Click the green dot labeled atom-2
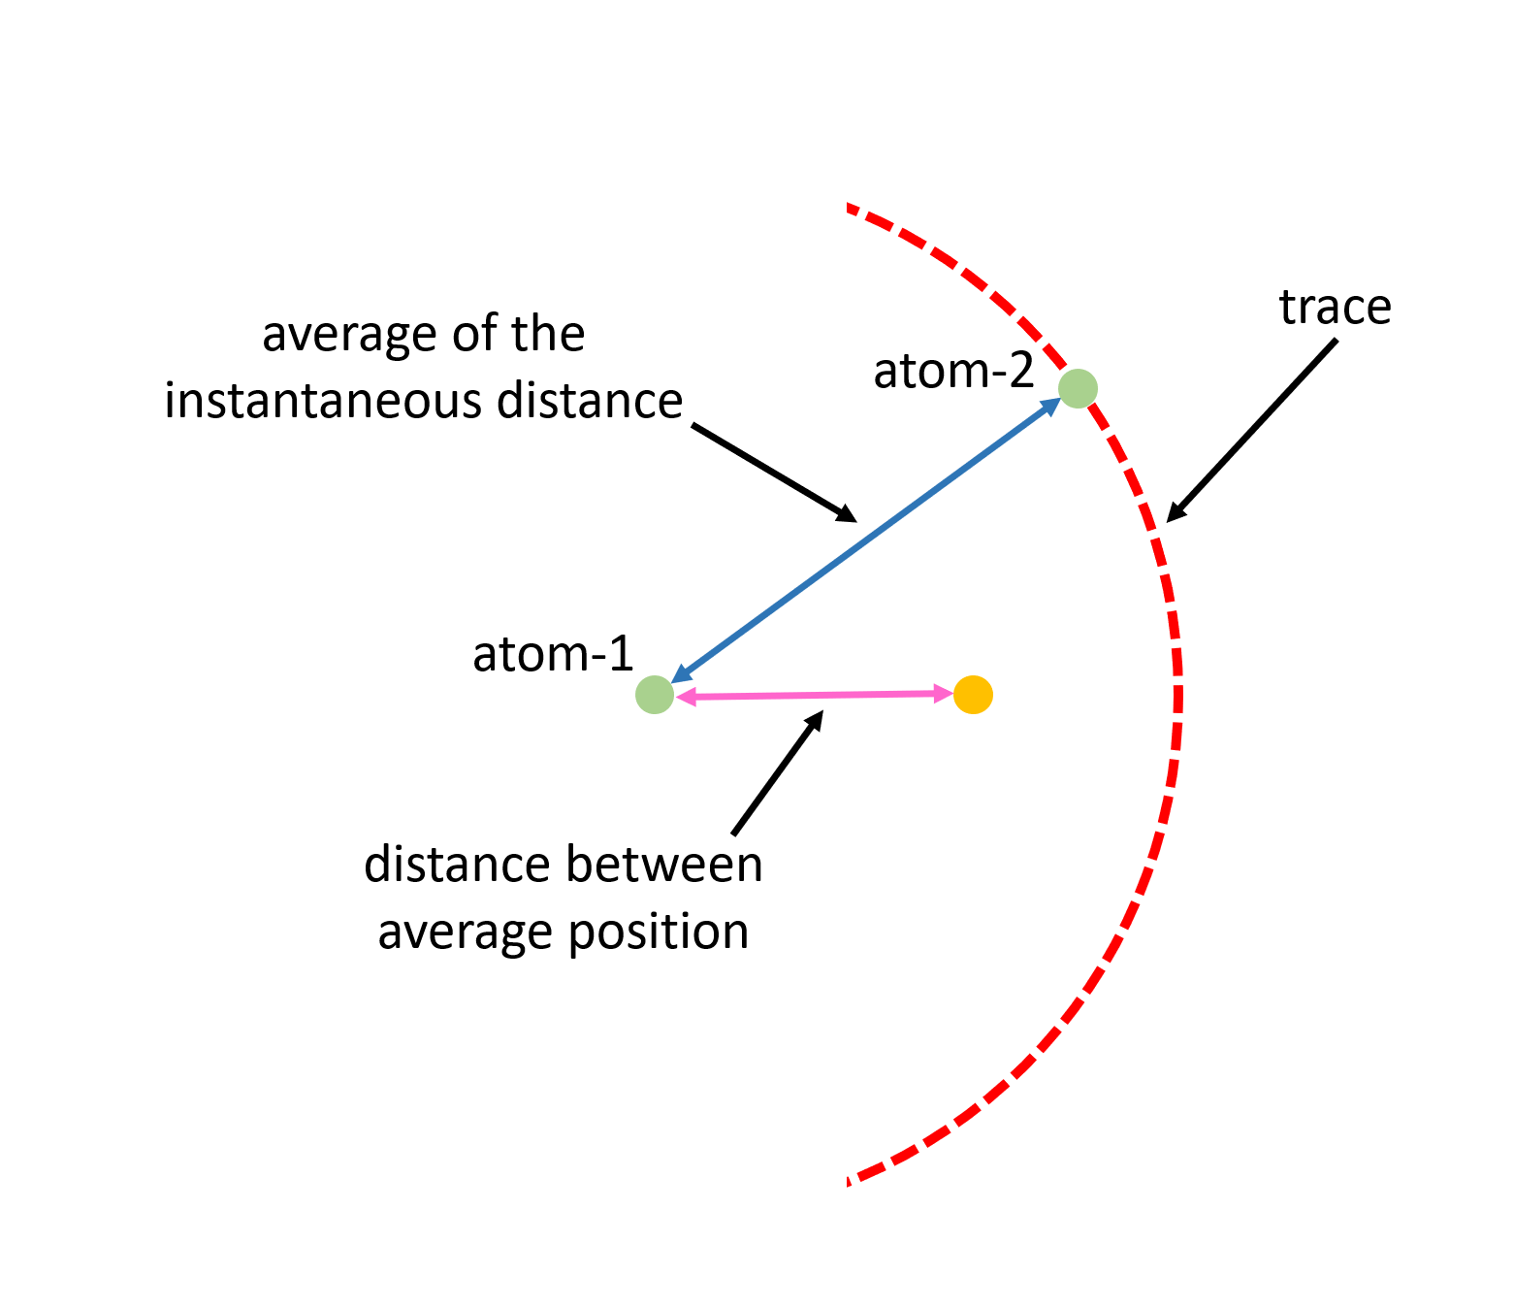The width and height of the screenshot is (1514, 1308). click(x=1078, y=389)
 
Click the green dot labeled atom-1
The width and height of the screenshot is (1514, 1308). click(x=655, y=695)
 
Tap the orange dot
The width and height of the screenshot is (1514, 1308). click(x=973, y=695)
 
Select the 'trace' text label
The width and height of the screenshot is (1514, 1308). click(x=1335, y=307)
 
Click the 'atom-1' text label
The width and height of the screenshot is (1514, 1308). click(x=553, y=654)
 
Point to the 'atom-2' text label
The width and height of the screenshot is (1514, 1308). click(x=954, y=371)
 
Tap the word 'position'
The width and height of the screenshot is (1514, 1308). click(x=658, y=932)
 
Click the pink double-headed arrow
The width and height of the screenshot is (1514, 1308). click(x=815, y=695)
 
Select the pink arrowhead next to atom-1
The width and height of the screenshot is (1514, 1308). click(x=686, y=697)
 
